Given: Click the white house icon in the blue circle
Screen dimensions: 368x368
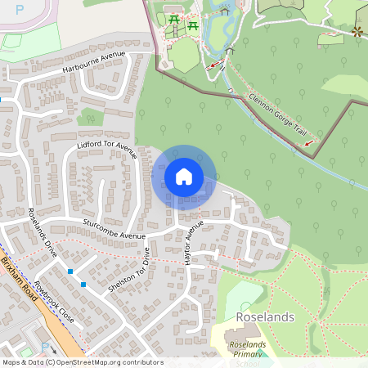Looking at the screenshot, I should (184, 177).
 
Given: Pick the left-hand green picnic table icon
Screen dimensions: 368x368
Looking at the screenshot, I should (173, 20).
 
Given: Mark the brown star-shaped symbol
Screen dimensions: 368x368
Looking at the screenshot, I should (356, 32).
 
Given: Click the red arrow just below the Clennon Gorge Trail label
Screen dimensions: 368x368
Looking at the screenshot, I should (309, 143).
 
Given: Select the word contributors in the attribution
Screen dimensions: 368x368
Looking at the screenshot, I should (140, 362).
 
